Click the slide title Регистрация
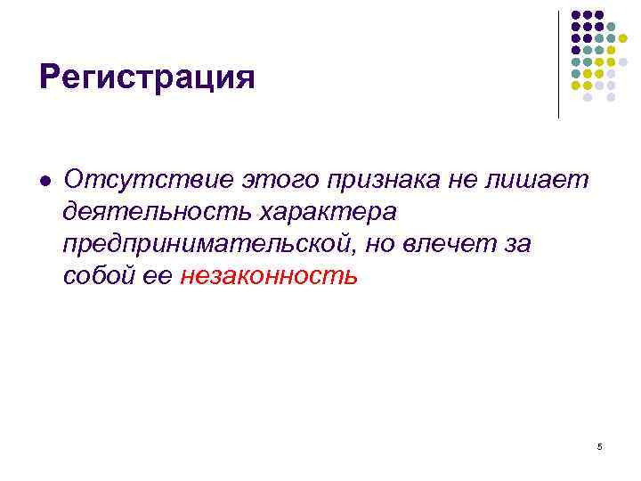[x=147, y=77]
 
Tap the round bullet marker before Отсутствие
[x=45, y=181]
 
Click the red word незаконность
[x=269, y=276]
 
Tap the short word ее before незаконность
[x=154, y=277]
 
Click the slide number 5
[x=599, y=445]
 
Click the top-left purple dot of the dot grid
[x=576, y=15]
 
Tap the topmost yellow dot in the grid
[x=622, y=38]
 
